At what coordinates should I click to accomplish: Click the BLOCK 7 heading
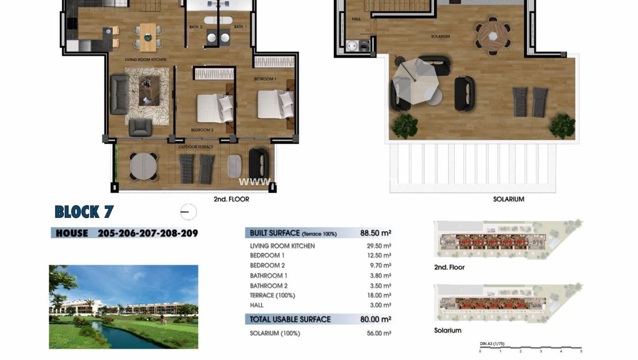coord(84,212)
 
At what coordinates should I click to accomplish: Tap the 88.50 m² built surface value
coord(376,233)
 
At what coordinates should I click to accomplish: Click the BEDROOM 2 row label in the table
coord(267,266)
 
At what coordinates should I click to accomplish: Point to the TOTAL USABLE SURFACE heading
coord(290,319)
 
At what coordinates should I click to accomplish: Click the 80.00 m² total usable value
coord(376,319)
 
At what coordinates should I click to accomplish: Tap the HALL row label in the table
coord(257,305)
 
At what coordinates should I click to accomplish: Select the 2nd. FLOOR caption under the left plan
coord(231,199)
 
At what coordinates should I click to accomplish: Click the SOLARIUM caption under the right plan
coord(508,199)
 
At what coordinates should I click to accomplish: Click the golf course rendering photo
coord(124,307)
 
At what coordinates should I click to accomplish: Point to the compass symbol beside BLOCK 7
coord(187,212)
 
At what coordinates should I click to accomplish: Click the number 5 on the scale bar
coord(581,351)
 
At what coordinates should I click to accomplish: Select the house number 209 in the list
coord(189,233)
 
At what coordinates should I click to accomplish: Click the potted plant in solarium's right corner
coord(562,125)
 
